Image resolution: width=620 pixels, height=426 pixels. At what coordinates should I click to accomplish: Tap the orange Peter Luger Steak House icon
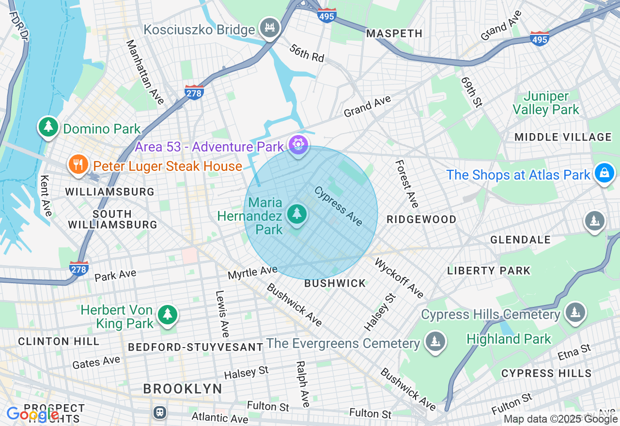click(77, 165)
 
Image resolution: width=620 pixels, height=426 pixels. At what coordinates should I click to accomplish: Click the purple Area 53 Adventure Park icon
click(298, 145)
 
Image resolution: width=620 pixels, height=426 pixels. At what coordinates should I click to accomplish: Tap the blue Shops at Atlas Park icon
click(604, 173)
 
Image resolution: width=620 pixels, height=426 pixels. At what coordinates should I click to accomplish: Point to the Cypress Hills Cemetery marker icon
click(575, 312)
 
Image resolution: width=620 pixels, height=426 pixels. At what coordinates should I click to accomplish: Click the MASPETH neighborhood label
click(394, 33)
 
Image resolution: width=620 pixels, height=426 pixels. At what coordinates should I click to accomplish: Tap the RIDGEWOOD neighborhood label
click(421, 219)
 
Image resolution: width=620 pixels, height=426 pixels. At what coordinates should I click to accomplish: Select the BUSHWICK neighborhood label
click(335, 283)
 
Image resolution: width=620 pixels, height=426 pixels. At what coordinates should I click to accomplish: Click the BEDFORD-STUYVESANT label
click(196, 347)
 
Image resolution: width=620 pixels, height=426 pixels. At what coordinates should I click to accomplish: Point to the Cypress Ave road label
click(339, 206)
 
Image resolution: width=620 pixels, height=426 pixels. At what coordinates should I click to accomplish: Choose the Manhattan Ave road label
click(145, 72)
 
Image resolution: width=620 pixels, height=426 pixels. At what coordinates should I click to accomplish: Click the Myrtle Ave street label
click(252, 273)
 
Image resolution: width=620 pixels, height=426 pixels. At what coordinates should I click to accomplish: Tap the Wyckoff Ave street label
click(400, 278)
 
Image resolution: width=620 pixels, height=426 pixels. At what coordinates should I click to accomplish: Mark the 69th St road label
click(472, 91)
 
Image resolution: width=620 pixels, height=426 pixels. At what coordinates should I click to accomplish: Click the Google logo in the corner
click(32, 414)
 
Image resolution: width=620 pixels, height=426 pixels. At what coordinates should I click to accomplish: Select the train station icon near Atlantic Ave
click(159, 412)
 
